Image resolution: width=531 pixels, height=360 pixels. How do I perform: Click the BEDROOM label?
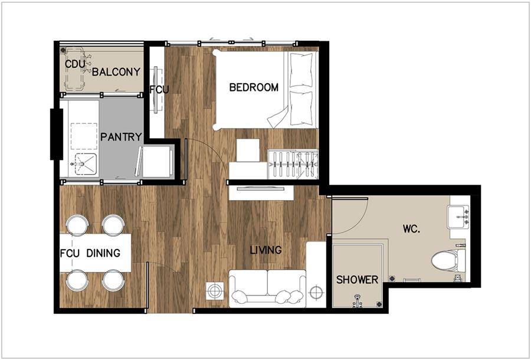254,87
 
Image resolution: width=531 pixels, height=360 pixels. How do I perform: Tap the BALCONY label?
116,72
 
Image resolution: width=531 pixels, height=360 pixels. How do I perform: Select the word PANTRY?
121,137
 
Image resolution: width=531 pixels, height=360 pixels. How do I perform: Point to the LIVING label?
266,250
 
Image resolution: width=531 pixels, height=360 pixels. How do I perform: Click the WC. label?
411,228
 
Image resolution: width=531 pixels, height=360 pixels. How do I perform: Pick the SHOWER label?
357,280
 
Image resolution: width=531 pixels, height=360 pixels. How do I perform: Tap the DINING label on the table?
103,253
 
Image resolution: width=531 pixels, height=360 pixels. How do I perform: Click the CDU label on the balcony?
75,64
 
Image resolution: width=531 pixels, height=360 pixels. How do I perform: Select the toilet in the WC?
448,260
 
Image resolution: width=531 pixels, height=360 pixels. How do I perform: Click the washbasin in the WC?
458,217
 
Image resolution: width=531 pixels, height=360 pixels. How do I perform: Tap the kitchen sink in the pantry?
84,164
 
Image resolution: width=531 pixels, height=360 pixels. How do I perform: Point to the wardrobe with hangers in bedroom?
293,164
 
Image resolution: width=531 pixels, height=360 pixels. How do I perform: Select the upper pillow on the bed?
301,70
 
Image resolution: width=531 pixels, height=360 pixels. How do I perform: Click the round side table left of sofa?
215,290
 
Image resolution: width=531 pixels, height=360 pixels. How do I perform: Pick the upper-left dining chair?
77,225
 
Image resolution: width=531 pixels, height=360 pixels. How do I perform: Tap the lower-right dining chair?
114,280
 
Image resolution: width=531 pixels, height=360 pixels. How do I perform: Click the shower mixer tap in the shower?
356,301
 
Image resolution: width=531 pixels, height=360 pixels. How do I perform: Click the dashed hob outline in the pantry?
84,136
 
